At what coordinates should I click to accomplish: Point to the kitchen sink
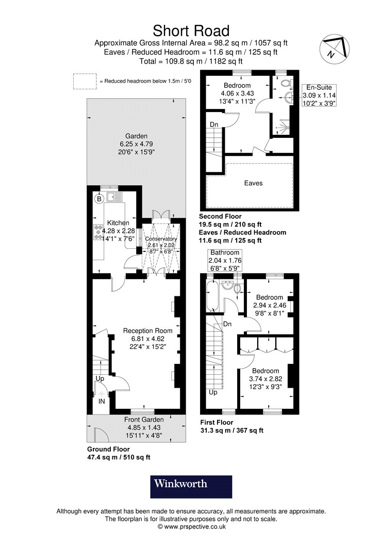point(113,196)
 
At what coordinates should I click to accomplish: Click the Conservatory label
point(161,239)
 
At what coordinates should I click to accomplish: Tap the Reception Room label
point(147,330)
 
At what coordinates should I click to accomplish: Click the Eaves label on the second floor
point(253,183)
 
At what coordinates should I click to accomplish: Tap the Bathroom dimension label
point(224,260)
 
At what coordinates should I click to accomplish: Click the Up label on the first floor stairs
point(213,392)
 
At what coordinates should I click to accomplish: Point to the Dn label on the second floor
point(213,124)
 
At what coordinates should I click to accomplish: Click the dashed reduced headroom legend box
point(85,81)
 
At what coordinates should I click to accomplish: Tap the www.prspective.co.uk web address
point(191,527)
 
